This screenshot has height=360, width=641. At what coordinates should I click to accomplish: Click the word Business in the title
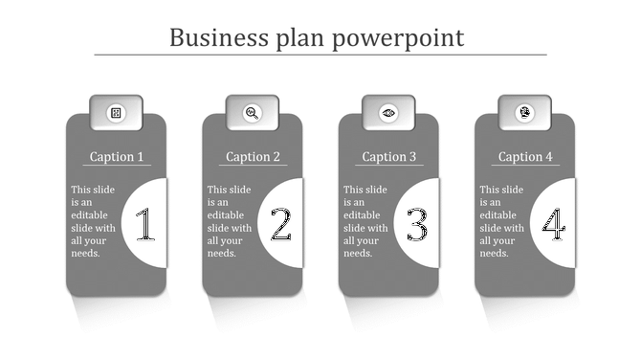point(217,37)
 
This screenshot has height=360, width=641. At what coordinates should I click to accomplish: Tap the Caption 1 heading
point(117,157)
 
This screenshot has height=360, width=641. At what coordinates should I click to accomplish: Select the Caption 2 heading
point(254,157)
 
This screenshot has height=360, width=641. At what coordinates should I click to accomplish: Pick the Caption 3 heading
point(389,157)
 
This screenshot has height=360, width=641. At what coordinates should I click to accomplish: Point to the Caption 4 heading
point(526,157)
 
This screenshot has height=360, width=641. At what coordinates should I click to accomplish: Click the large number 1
point(144,226)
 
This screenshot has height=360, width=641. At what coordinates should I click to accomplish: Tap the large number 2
point(280,226)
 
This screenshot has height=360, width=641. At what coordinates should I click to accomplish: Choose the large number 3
point(417,226)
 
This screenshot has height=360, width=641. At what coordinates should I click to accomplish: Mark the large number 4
point(553,226)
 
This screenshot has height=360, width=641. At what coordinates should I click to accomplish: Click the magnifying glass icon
point(253,113)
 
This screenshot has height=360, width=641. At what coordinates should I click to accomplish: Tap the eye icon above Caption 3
point(388,113)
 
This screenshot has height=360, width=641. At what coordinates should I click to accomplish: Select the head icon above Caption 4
point(525,113)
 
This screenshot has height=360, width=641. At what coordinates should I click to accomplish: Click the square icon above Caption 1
point(116,113)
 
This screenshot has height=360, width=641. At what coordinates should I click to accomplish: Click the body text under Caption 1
point(93,221)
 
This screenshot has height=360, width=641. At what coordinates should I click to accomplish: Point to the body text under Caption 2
point(229,221)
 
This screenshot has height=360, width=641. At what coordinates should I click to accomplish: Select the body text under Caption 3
point(365,221)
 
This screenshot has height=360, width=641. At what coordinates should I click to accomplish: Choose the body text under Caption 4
point(501,221)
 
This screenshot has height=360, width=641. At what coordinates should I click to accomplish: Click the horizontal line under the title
point(320,55)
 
